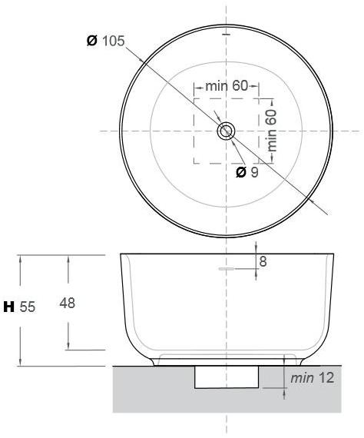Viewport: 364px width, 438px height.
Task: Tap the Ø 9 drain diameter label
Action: coord(247,172)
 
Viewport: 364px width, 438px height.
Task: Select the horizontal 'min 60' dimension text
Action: coord(227,86)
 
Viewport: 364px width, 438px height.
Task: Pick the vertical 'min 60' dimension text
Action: coord(272,130)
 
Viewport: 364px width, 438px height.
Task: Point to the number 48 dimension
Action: coord(68,304)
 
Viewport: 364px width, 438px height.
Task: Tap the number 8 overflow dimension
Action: coord(263,262)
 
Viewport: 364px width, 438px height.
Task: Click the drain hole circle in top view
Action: coord(226,131)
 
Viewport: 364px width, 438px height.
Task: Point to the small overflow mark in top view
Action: coord(226,35)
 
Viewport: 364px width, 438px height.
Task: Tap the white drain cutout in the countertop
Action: coord(227,377)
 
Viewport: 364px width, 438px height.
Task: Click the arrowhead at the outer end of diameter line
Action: coord(316,202)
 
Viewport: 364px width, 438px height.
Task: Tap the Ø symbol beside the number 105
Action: coord(92,41)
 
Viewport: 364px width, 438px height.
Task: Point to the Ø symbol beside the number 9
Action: coord(240,172)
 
